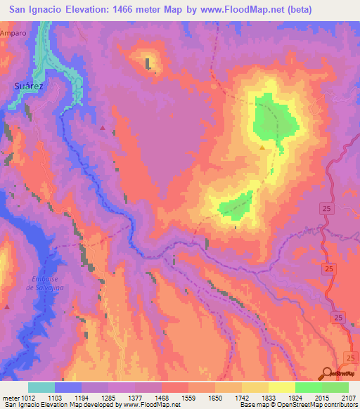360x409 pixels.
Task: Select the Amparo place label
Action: (13, 33)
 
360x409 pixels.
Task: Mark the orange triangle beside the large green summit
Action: (262, 148)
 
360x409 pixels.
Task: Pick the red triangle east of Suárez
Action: (103, 128)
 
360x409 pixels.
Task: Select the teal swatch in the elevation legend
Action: (41, 387)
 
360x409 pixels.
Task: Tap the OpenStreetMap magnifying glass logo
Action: (327, 373)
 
